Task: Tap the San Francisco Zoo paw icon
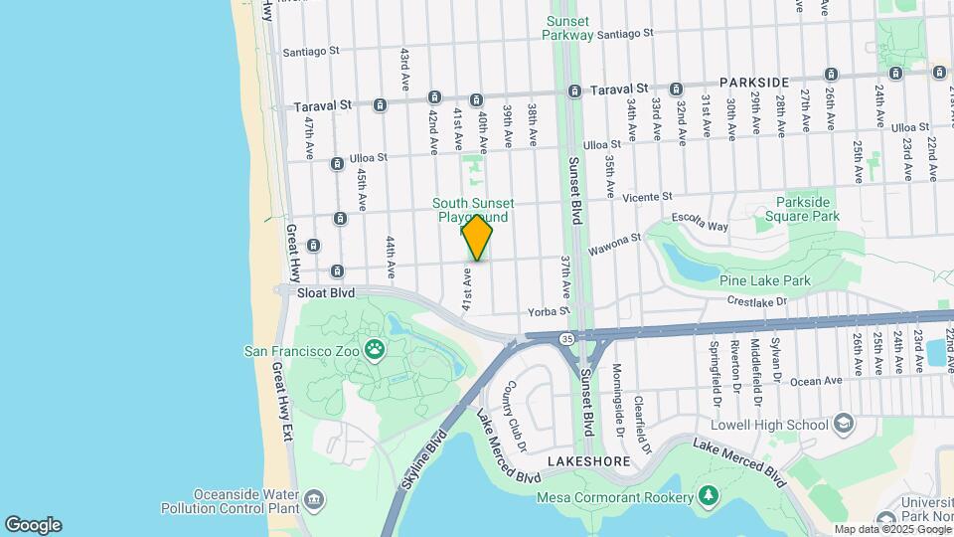[x=375, y=348]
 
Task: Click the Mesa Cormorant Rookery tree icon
[x=708, y=495]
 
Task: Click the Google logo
[x=33, y=525]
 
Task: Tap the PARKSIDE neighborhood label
[x=754, y=83]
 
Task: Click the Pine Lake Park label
[x=764, y=280]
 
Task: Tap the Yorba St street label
[x=548, y=311]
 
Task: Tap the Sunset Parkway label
[x=567, y=28]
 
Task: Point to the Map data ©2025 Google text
[x=891, y=529]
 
